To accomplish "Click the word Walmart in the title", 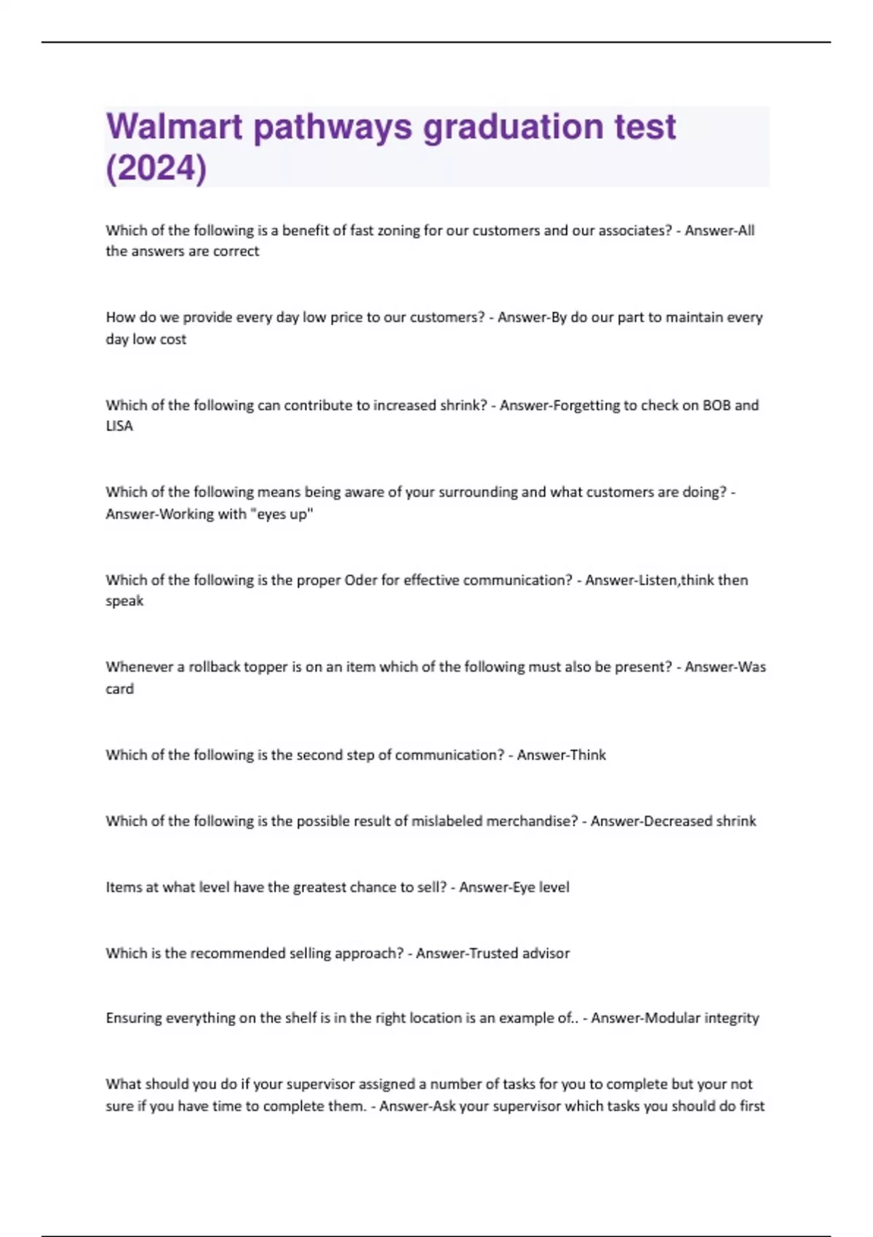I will pyautogui.click(x=175, y=127).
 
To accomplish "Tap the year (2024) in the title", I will pyautogui.click(x=156, y=168).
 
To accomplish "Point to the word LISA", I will pyautogui.click(x=119, y=426).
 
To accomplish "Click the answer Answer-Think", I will pyautogui.click(x=561, y=755).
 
